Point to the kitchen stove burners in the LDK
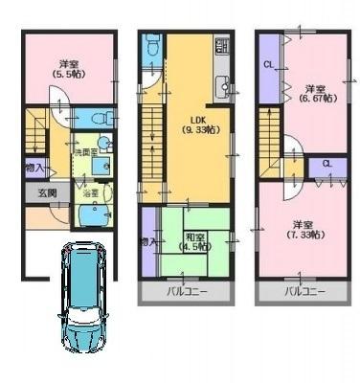222,46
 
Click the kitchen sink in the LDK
223,85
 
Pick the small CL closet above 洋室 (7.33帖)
327,165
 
